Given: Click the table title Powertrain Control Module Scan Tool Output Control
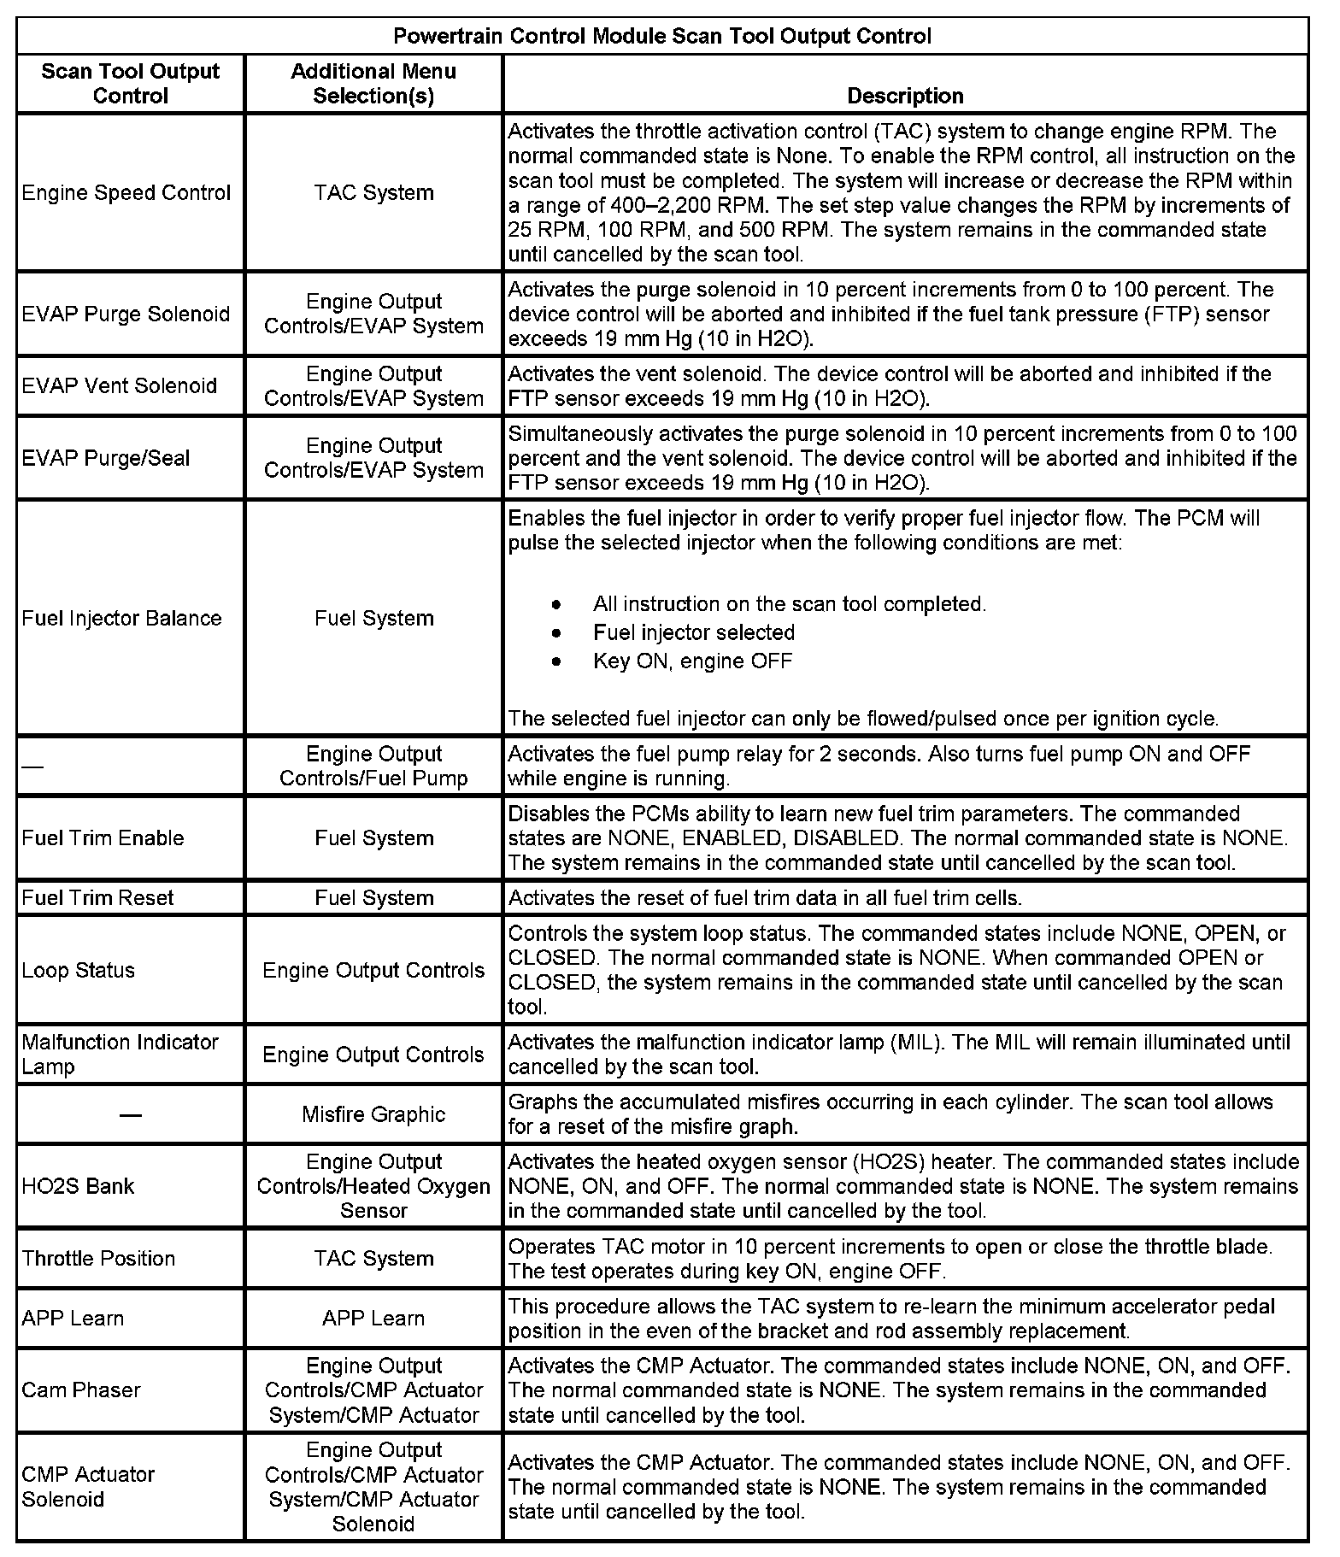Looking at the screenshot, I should pos(662,37).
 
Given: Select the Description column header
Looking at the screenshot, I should pos(905,96).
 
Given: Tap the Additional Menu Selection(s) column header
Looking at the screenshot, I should pos(373,84).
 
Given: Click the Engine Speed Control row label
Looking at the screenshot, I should pos(126,193).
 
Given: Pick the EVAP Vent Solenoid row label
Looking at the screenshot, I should pos(120,386).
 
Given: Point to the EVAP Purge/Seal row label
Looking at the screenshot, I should pos(106,458).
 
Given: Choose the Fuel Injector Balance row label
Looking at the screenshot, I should pos(121,619).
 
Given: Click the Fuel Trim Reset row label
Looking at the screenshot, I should pos(97,898).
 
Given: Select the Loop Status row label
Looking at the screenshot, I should pos(79,971).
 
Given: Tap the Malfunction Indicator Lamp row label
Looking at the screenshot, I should pos(120,1055).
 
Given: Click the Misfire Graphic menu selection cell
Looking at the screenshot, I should pos(373,1114).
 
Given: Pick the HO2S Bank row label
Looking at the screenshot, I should pos(79,1186).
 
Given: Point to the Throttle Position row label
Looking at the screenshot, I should pos(98,1259).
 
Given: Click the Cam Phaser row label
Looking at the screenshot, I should pos(81,1390).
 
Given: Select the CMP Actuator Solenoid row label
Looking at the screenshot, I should pos(88,1487).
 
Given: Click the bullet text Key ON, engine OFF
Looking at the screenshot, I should pos(692,661).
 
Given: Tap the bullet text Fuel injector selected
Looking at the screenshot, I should pos(694,633).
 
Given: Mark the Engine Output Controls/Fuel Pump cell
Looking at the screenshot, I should pos(373,767).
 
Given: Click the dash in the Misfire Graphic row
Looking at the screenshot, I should pos(131,1115).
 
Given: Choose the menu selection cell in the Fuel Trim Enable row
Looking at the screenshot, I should pos(373,838).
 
